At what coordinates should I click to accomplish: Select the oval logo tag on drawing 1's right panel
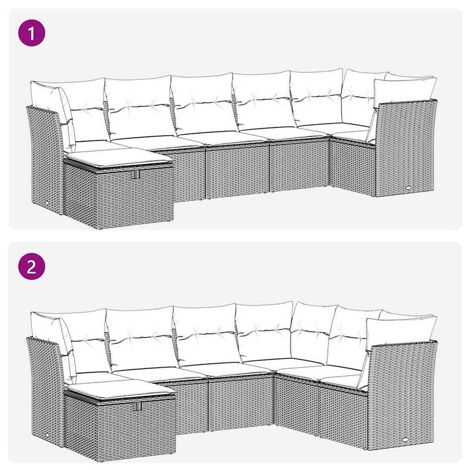click(x=408, y=187)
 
